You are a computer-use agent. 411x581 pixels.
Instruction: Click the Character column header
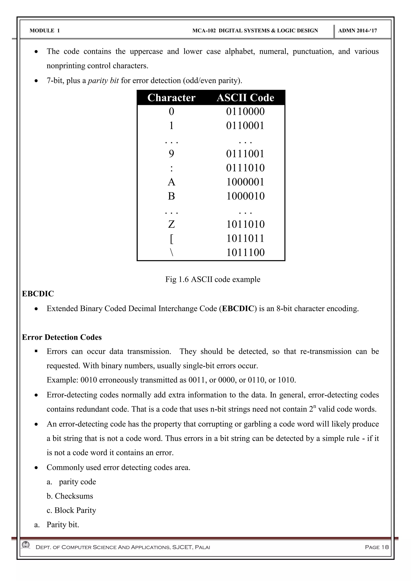pyautogui.click(x=171, y=98)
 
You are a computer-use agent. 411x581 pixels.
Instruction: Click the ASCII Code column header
pyautogui.click(x=245, y=98)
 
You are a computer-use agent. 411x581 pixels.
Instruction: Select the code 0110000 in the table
pyautogui.click(x=245, y=112)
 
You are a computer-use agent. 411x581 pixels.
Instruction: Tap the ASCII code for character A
pyautogui.click(x=245, y=182)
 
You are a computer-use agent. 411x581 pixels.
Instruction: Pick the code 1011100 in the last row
pyautogui.click(x=245, y=252)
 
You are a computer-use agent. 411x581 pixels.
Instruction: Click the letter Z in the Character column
pyautogui.click(x=171, y=224)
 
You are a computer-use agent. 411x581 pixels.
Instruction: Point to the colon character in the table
pyautogui.click(x=171, y=168)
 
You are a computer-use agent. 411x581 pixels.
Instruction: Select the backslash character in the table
pyautogui.click(x=171, y=253)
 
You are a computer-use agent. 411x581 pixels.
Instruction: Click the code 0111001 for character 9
pyautogui.click(x=245, y=154)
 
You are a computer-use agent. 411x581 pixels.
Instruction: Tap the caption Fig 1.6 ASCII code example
pyautogui.click(x=213, y=279)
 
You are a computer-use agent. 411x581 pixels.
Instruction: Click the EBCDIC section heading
pyautogui.click(x=38, y=294)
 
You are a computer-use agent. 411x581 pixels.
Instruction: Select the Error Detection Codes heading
pyautogui.click(x=62, y=337)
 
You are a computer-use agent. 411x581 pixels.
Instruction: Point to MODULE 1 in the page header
pyautogui.click(x=45, y=31)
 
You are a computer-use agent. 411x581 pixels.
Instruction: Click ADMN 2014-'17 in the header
pyautogui.click(x=357, y=31)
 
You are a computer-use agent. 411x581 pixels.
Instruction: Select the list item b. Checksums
pyautogui.click(x=70, y=496)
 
